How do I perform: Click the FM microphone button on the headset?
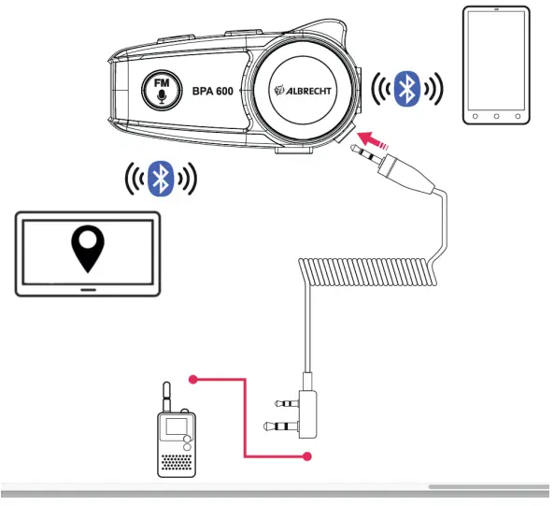click(x=161, y=90)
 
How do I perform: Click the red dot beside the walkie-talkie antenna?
click(x=193, y=380)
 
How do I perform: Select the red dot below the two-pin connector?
click(x=306, y=456)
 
